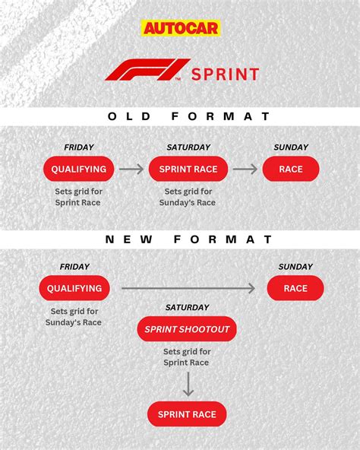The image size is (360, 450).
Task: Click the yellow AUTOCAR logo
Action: [x=181, y=28]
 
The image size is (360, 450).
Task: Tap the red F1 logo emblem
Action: [x=148, y=70]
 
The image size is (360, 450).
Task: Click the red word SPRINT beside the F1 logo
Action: [x=225, y=74]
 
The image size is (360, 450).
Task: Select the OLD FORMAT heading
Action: [x=188, y=116]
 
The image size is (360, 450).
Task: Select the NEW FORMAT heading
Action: [x=188, y=239]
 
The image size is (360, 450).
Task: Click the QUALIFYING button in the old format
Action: [x=78, y=169]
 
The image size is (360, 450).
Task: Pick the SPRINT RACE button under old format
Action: [x=188, y=169]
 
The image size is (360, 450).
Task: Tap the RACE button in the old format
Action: [x=291, y=169]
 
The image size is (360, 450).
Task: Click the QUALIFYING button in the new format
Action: [x=74, y=288]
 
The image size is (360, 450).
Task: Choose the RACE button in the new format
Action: [x=295, y=288]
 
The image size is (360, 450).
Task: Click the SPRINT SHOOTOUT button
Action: [x=187, y=329]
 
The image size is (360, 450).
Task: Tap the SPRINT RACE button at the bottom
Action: [x=187, y=414]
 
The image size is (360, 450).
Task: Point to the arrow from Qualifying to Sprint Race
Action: [x=131, y=169]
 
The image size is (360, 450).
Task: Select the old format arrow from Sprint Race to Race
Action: [x=245, y=169]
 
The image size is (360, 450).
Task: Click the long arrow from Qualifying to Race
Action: [x=188, y=288]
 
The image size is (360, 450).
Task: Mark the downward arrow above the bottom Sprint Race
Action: [x=188, y=384]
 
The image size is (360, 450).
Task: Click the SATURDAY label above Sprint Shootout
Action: [x=187, y=307]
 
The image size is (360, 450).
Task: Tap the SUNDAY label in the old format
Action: [x=291, y=147]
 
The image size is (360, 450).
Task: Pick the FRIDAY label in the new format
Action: [x=74, y=267]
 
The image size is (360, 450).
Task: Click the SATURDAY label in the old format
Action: [x=188, y=147]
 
